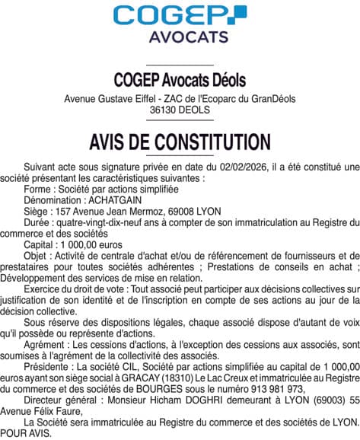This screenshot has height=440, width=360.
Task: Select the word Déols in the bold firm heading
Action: tap(230, 80)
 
